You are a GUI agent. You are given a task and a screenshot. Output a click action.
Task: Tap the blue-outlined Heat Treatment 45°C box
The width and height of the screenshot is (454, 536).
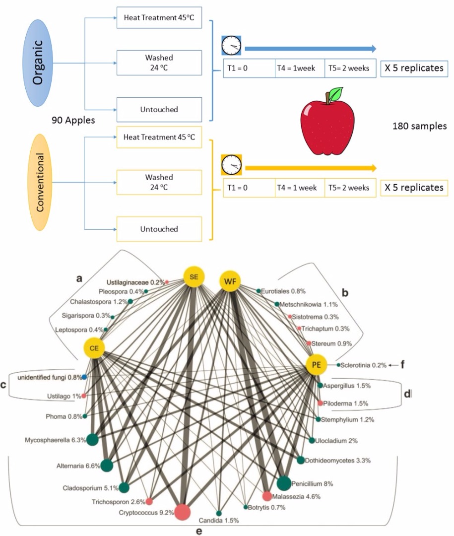159,18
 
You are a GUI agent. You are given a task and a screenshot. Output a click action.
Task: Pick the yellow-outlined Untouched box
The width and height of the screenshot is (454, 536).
159,229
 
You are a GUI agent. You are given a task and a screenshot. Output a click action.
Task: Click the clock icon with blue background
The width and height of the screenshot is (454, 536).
231,46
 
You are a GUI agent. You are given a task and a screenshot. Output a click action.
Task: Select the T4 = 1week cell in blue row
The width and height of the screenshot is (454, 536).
299,68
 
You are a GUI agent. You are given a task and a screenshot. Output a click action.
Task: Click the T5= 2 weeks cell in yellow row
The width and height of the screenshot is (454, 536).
349,188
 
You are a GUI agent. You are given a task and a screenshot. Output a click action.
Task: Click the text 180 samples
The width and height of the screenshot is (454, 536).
419,127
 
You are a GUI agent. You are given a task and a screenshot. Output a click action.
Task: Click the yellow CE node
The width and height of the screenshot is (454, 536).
94,348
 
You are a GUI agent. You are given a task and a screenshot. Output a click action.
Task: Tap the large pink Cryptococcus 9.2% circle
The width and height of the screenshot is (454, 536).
182,512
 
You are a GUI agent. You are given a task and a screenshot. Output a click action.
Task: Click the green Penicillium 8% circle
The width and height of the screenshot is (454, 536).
283,483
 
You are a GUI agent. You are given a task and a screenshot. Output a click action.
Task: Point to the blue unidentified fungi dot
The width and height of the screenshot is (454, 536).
84,377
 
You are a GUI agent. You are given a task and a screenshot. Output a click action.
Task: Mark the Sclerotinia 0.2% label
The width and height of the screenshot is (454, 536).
364,365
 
